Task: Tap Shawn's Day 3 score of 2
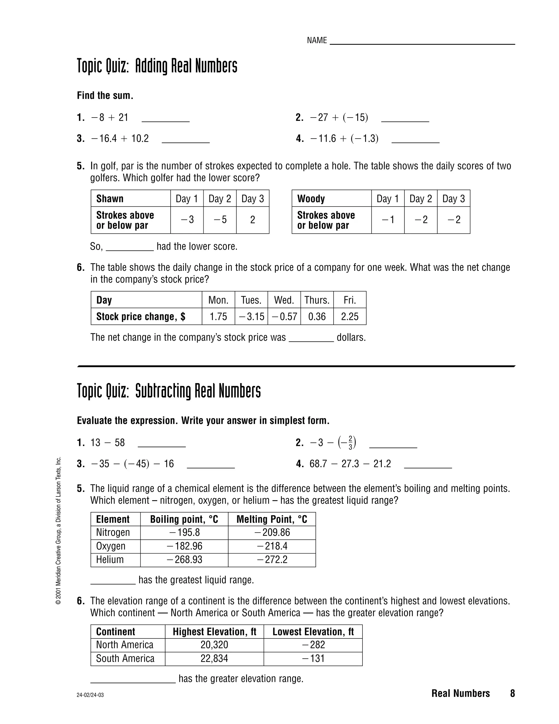(253, 220)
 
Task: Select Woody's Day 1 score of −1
(388, 220)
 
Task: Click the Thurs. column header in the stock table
(317, 300)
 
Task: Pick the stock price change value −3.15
(251, 317)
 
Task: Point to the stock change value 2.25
(350, 317)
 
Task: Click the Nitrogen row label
(113, 532)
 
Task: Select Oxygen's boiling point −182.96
(185, 546)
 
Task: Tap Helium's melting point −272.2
(272, 560)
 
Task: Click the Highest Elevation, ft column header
(215, 632)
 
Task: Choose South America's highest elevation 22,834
(214, 658)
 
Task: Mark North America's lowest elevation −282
(313, 645)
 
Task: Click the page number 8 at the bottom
(512, 693)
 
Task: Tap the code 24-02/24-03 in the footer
(90, 695)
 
